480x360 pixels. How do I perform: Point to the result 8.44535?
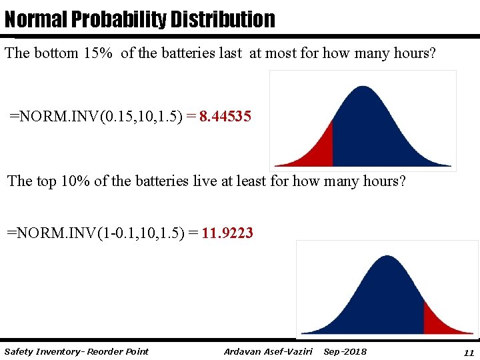pos(225,117)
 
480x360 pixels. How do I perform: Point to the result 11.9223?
pos(227,233)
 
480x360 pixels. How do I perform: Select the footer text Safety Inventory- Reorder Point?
pos(76,351)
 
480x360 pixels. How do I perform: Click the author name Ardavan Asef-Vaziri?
pos(268,351)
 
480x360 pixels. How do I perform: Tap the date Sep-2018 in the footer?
pos(345,351)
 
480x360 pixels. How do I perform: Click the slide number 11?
pos(468,352)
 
